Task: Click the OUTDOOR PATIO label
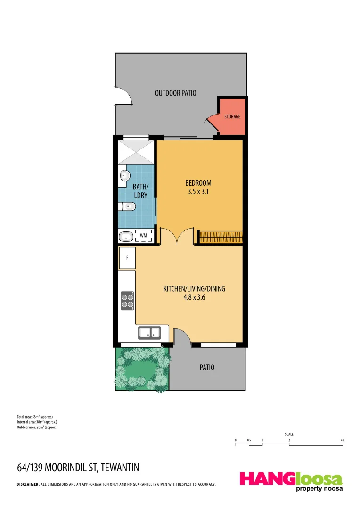pyautogui.click(x=175, y=93)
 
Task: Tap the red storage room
pyautogui.click(x=232, y=116)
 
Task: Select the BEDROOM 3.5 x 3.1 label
pyautogui.click(x=198, y=187)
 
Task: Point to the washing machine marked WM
pyautogui.click(x=143, y=235)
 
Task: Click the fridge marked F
pyautogui.click(x=127, y=258)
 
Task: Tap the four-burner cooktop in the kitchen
pyautogui.click(x=127, y=300)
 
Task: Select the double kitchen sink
pyautogui.click(x=150, y=333)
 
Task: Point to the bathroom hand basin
pyautogui.click(x=124, y=176)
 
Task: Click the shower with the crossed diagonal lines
pyautogui.click(x=137, y=152)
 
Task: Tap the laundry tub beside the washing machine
pyautogui.click(x=126, y=236)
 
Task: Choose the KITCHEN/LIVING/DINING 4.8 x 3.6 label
pyautogui.click(x=194, y=293)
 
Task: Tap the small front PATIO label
pyautogui.click(x=207, y=367)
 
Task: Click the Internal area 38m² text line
pyautogui.click(x=37, y=422)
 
